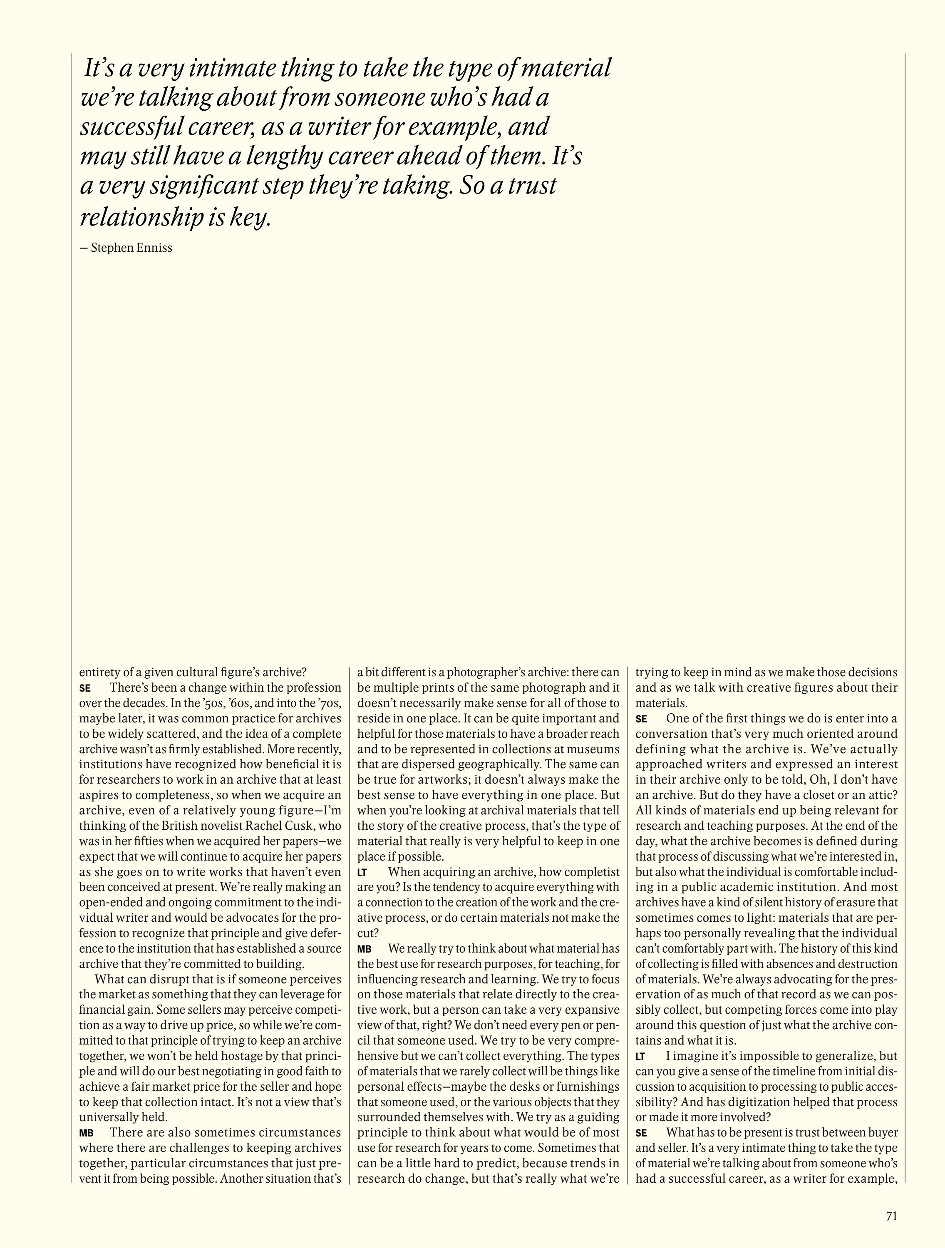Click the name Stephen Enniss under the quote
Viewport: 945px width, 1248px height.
131,248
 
